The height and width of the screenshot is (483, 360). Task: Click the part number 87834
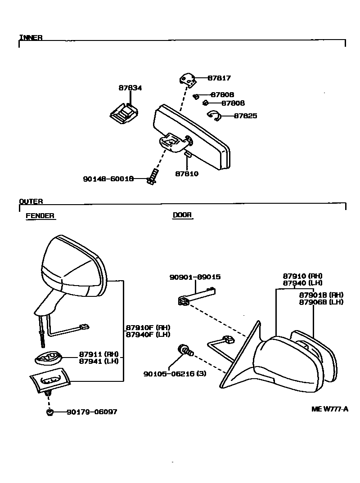click(x=130, y=88)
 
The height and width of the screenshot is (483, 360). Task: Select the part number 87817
click(x=219, y=78)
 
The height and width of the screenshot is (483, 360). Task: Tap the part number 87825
click(x=246, y=116)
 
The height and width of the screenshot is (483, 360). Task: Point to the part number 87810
click(x=187, y=174)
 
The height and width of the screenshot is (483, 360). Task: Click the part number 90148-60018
click(x=108, y=179)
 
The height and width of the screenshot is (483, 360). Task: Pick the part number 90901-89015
click(x=195, y=277)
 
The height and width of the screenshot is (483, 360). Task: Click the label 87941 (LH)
click(x=96, y=361)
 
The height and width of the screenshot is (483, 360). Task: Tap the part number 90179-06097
click(x=92, y=412)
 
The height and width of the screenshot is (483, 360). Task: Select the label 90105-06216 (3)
click(x=175, y=373)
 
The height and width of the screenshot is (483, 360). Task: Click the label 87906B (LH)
click(x=321, y=302)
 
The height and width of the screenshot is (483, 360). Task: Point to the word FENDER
click(x=40, y=216)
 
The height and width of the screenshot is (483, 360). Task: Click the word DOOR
click(x=182, y=215)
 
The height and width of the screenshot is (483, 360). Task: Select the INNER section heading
click(x=31, y=38)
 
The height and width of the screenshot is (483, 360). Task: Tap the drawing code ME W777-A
click(x=330, y=409)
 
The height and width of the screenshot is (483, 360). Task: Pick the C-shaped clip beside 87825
click(x=215, y=116)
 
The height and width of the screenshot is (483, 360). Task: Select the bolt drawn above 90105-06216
click(x=185, y=350)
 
